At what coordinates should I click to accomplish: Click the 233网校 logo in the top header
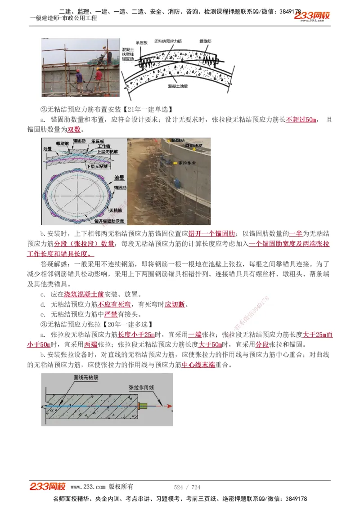point(312,16)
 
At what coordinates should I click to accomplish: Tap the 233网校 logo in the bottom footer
point(48,487)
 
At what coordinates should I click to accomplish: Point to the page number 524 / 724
point(187,487)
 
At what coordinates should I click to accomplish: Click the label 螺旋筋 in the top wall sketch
point(206,41)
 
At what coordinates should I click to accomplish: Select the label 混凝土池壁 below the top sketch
point(179,85)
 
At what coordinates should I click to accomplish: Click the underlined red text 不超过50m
point(301,120)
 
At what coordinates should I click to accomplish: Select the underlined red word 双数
point(74,129)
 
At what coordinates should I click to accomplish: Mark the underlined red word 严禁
point(111,314)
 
